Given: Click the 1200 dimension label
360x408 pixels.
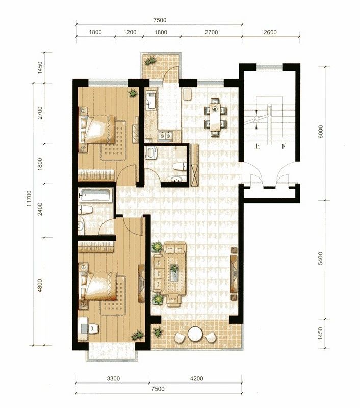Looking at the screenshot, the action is click(130, 32).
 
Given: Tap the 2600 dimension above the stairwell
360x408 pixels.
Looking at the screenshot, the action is click(270, 32).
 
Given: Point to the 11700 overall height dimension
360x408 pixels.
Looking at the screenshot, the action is click(29, 198).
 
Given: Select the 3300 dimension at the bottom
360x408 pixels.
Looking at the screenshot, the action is click(113, 378).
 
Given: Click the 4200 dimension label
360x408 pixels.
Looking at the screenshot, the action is click(196, 378).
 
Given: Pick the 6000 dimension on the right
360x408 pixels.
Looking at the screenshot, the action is click(320, 132).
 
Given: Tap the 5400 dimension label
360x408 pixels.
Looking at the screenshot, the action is click(320, 258).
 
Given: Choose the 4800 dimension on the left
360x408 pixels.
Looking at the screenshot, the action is click(40, 286).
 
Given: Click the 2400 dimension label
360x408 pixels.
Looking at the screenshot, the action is click(40, 209).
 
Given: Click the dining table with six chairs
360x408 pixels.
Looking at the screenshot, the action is click(215, 117).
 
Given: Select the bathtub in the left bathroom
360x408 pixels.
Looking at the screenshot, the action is click(96, 195).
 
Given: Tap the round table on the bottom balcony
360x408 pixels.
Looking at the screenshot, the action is click(195, 334).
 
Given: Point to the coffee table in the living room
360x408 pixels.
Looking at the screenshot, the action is click(174, 273).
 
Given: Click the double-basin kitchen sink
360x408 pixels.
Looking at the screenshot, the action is click(165, 136).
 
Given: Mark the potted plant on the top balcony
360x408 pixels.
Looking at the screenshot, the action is click(150, 61).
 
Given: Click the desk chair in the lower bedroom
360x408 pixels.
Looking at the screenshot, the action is click(93, 328).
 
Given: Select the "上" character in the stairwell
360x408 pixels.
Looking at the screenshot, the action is click(258, 146).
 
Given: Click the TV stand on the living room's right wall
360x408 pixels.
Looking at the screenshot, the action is click(234, 274).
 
